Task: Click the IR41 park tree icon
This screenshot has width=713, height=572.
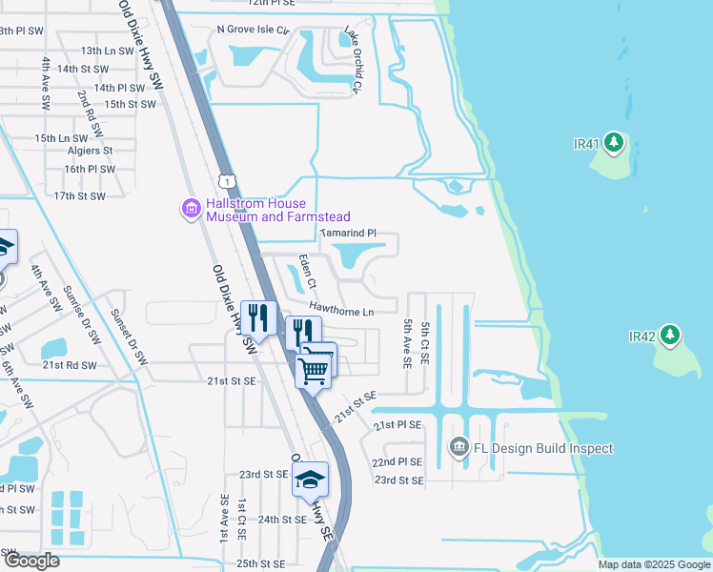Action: [x=615, y=144]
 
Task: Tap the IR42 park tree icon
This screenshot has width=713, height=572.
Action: [x=671, y=336]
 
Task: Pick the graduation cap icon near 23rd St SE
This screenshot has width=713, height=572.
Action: [x=310, y=480]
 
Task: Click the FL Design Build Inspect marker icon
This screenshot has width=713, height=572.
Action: [x=458, y=447]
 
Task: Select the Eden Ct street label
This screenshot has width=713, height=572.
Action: [x=306, y=271]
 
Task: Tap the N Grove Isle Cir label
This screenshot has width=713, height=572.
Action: [x=253, y=30]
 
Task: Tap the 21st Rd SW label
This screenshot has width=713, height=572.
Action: [x=70, y=365]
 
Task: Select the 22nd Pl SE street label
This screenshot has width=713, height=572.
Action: [x=397, y=461]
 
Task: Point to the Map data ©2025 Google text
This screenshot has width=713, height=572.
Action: [x=653, y=564]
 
